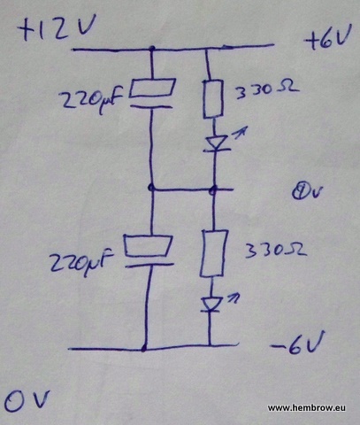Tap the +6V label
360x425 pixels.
pyautogui.click(x=328, y=38)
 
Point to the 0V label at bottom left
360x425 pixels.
pyautogui.click(x=27, y=400)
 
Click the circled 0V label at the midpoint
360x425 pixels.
pyautogui.click(x=307, y=192)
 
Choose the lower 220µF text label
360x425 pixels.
pyautogui.click(x=81, y=262)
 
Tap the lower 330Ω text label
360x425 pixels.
pyautogui.click(x=275, y=251)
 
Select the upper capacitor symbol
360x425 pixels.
pyautogui.click(x=152, y=92)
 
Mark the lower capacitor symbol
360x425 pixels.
pyautogui.click(x=149, y=251)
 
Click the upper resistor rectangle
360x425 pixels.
pyautogui.click(x=212, y=98)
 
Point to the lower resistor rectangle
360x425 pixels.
pyautogui.click(x=214, y=253)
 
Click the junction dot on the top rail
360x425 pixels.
pyautogui.click(x=152, y=49)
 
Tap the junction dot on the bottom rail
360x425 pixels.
pyautogui.click(x=144, y=349)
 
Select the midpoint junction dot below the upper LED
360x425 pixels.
pyautogui.click(x=213, y=189)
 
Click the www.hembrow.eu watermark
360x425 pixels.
pyautogui.click(x=307, y=408)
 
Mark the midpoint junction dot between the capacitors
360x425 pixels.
pyautogui.click(x=151, y=187)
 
